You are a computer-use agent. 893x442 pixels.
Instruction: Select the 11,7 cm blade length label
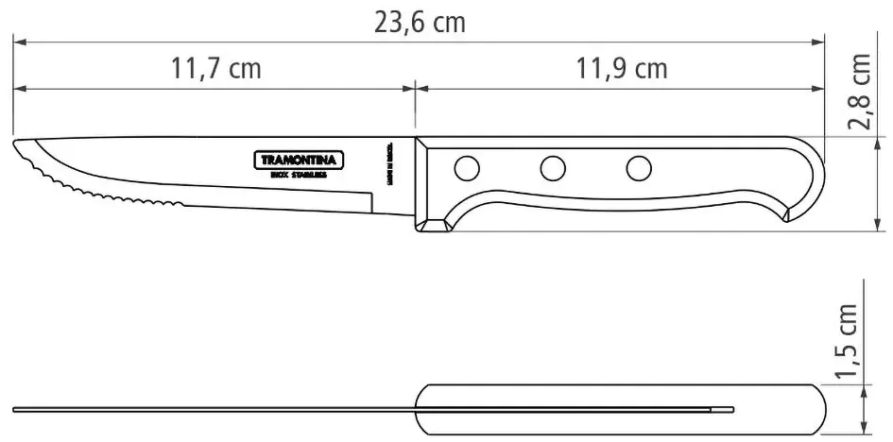216,69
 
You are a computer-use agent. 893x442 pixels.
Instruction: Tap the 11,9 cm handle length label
621,69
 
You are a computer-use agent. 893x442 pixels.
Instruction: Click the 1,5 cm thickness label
848,341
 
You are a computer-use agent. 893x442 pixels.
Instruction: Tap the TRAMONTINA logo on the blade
299,160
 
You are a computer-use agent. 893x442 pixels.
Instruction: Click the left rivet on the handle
466,169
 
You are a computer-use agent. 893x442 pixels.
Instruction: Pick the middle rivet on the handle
553,169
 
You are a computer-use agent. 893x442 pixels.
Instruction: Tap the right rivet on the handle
640,169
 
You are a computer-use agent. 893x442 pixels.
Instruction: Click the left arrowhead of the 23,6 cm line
17,42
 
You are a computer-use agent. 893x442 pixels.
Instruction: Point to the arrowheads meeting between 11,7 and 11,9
414,89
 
